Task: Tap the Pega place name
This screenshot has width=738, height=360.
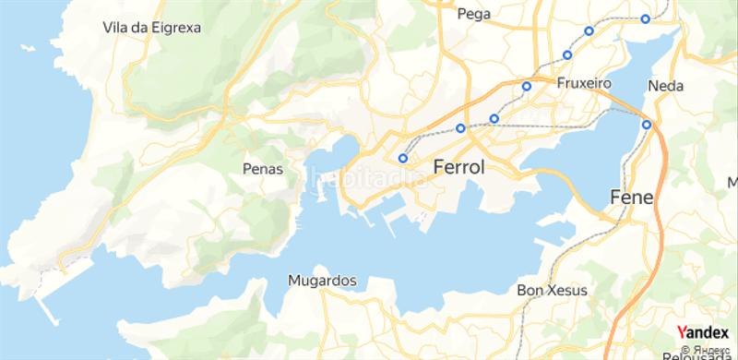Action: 473,14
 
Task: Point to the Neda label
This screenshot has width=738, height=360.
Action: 665,86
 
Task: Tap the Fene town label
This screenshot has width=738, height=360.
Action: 632,198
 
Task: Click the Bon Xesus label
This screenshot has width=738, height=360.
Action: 553,289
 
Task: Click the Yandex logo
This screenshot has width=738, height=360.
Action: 704,332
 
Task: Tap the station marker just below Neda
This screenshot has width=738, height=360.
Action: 647,125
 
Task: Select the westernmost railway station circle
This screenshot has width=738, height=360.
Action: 403,158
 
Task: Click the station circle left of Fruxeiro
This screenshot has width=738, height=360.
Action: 527,87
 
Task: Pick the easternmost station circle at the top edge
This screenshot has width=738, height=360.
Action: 645,18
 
